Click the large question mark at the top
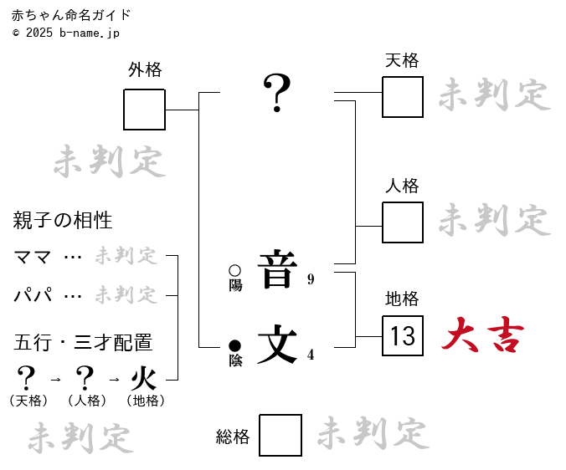pyautogui.click(x=277, y=93)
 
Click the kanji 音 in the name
pyautogui.click(x=277, y=269)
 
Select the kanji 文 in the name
pyautogui.click(x=277, y=344)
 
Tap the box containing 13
pyautogui.click(x=403, y=336)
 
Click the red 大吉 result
pyautogui.click(x=483, y=336)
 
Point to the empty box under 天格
pyautogui.click(x=403, y=97)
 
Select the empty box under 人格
pyautogui.click(x=403, y=222)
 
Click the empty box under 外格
pyautogui.click(x=145, y=110)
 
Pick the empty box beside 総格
pyautogui.click(x=280, y=435)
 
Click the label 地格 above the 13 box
pyautogui.click(x=402, y=299)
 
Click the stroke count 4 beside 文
pyautogui.click(x=311, y=355)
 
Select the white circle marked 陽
pyautogui.click(x=234, y=271)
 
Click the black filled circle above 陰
pyautogui.click(x=234, y=345)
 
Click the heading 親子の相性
pyautogui.click(x=63, y=221)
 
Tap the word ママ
pyautogui.click(x=33, y=257)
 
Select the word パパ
pyautogui.click(x=33, y=295)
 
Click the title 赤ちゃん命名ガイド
pyautogui.click(x=71, y=15)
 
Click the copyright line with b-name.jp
pyautogui.click(x=66, y=33)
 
